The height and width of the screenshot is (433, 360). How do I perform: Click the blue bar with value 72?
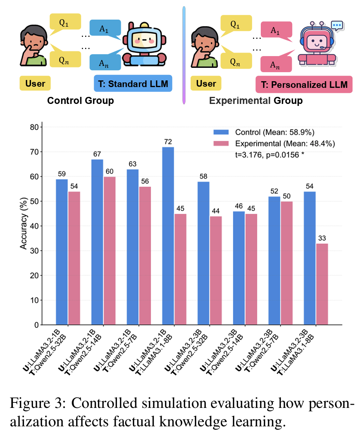(168, 236)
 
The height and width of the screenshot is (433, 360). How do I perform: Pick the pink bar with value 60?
(109, 251)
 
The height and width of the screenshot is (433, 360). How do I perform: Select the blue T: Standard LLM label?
(133, 84)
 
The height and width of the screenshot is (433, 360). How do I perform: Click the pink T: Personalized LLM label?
(302, 85)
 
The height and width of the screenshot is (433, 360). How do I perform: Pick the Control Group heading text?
(80, 101)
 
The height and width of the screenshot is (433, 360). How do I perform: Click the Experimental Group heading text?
(256, 101)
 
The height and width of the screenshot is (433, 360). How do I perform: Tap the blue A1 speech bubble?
(103, 29)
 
